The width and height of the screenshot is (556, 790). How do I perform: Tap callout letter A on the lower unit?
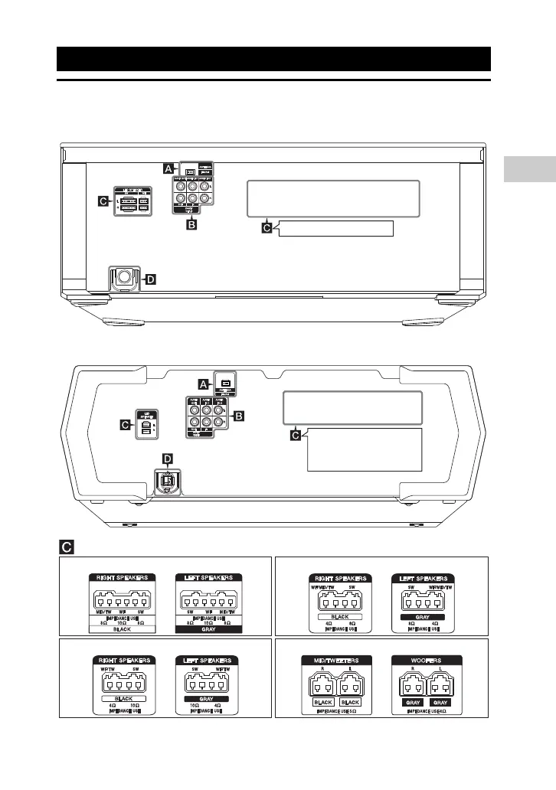click(203, 382)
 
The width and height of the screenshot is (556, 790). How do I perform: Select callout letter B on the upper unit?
click(192, 225)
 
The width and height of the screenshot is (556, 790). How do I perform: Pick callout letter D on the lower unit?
click(168, 459)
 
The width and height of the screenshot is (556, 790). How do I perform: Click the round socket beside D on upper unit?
click(122, 279)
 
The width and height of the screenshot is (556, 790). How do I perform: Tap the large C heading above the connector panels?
click(67, 547)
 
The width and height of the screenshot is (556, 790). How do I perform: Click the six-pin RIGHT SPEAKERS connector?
click(122, 595)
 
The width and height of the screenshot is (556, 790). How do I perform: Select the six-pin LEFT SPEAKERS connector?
click(210, 595)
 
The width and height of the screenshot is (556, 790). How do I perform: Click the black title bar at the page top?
click(274, 58)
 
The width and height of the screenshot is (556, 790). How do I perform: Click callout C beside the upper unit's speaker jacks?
click(103, 201)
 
